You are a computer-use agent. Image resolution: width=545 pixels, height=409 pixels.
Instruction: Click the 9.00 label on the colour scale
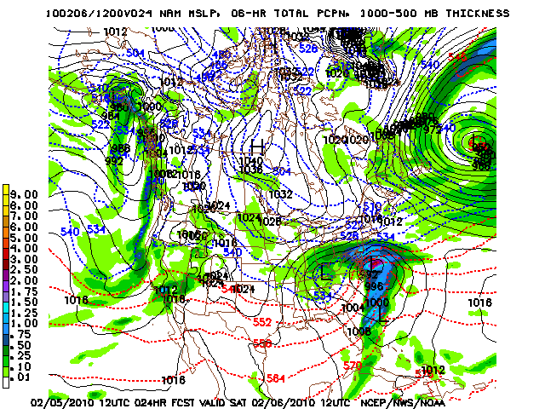point(26,194)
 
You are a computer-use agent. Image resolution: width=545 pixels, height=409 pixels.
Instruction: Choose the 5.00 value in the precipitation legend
point(26,237)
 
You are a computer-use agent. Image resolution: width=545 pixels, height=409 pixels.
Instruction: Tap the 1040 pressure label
point(251,161)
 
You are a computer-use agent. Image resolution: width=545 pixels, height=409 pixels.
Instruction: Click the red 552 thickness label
point(262,323)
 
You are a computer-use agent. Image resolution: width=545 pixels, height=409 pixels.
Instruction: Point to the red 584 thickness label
point(275,378)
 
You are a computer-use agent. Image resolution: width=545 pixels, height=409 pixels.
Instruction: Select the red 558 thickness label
point(262,343)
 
